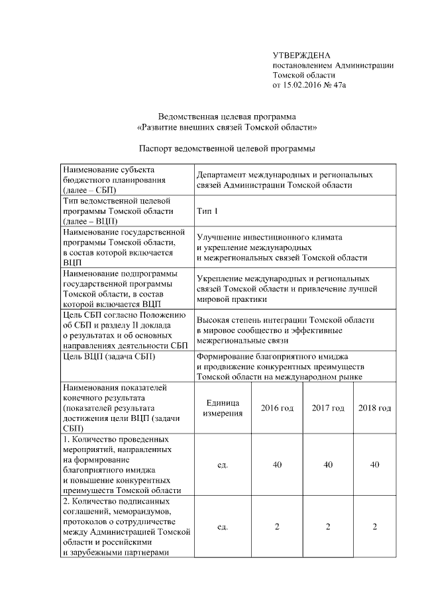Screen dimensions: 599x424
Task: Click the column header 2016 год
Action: pos(277,408)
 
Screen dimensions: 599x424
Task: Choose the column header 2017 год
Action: pos(328,408)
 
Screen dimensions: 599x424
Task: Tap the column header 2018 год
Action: pos(374,408)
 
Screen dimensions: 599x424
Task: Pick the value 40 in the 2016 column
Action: pos(277,465)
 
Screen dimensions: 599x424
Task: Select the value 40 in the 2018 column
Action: pos(374,465)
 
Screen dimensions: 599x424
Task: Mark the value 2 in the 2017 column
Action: pos(328,527)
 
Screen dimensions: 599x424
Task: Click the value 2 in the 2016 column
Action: pos(277,527)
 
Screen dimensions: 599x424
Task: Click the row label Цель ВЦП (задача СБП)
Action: pos(108,358)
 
